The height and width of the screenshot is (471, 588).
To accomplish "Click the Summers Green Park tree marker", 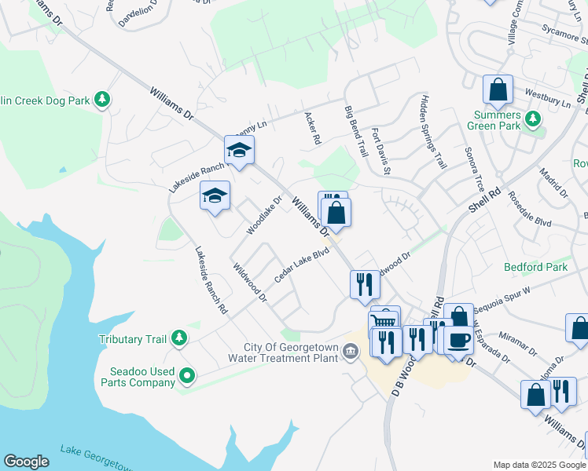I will point(533,119).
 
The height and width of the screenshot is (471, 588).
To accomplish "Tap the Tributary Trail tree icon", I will point(180,338).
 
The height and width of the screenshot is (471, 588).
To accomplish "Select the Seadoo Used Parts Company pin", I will point(186,377).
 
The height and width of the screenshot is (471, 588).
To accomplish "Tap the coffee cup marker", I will point(458,340).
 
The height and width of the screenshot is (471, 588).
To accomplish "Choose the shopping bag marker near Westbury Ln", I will point(498,90).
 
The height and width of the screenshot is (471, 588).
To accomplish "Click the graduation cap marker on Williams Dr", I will point(239,149).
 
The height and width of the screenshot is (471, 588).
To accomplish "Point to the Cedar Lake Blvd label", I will point(301,266).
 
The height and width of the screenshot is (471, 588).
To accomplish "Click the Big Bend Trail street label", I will point(356,131).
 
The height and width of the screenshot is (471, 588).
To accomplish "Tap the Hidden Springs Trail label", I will point(433,132).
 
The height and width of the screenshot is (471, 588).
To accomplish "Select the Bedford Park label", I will point(535,267).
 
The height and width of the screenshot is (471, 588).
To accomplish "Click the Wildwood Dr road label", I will point(250,283).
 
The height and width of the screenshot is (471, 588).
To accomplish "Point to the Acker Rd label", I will point(313,128).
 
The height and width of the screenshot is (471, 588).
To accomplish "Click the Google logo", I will point(26,462).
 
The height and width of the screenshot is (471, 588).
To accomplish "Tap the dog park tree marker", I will point(101,100).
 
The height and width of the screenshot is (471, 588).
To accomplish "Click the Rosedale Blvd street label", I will point(530,210).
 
